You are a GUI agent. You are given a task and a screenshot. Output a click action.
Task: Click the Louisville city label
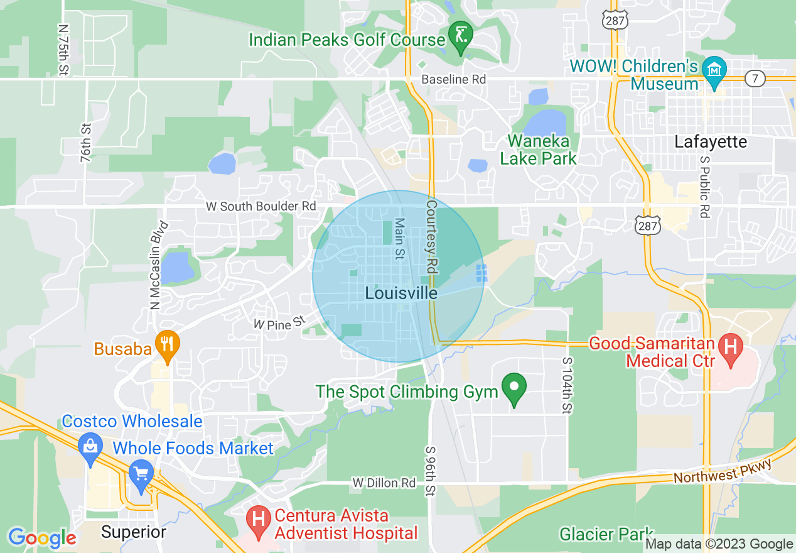point(401,293)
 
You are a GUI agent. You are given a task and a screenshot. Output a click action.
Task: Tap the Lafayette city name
point(711,142)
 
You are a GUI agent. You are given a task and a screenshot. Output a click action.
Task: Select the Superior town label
point(134,532)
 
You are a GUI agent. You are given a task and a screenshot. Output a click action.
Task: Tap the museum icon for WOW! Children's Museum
point(714,69)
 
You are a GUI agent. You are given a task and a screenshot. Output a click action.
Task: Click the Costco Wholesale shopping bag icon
point(90,447)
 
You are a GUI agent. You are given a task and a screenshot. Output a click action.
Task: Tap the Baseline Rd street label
point(454,80)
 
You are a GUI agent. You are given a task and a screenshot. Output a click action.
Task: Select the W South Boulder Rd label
point(261,206)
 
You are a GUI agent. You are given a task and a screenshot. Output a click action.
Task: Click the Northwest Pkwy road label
point(722,471)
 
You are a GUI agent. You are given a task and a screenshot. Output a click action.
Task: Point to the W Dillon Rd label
point(384,483)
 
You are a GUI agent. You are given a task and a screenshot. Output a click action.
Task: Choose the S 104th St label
point(567,386)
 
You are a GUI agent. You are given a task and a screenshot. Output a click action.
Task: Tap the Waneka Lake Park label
point(538,150)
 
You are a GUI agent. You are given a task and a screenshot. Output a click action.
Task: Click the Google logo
point(42,538)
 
